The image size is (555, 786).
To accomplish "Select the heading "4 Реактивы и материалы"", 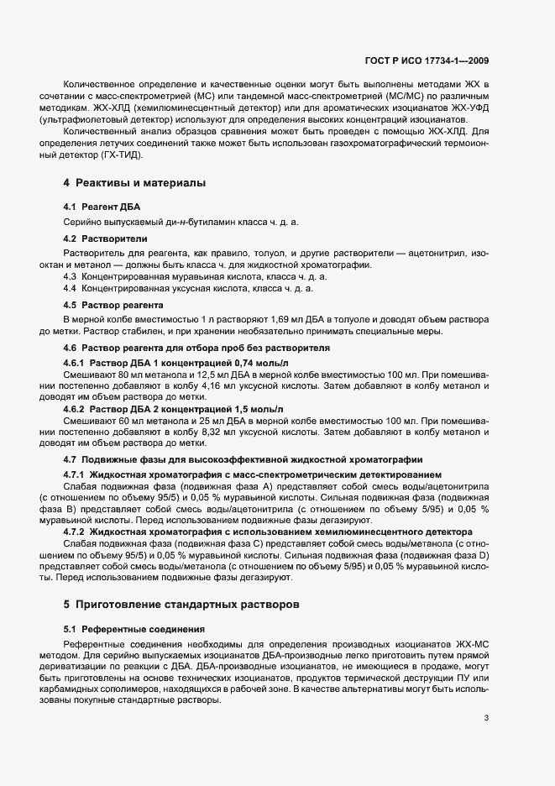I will click(134, 183).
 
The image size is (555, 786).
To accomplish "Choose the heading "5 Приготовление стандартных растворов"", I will click(181, 605).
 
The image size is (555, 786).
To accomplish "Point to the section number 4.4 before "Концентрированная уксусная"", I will click(72, 288).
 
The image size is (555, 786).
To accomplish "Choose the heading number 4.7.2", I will click(76, 533).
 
